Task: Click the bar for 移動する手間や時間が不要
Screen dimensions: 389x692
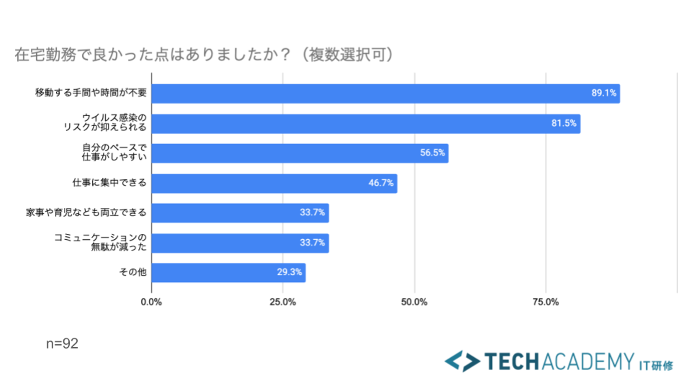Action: point(384,94)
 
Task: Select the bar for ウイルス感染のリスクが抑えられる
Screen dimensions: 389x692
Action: point(365,123)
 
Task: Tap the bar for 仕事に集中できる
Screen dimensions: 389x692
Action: point(274,183)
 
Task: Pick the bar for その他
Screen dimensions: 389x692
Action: point(228,273)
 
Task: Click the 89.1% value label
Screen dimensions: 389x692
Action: point(604,93)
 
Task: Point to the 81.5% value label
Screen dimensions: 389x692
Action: point(564,123)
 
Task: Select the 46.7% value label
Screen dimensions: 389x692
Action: point(381,183)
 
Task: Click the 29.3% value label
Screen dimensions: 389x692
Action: point(289,273)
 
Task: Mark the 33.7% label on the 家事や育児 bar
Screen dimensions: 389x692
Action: point(312,213)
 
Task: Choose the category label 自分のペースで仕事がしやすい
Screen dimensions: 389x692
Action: point(113,153)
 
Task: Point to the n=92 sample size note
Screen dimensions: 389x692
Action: point(62,344)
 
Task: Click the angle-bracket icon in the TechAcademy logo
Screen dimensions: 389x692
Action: point(462,361)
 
